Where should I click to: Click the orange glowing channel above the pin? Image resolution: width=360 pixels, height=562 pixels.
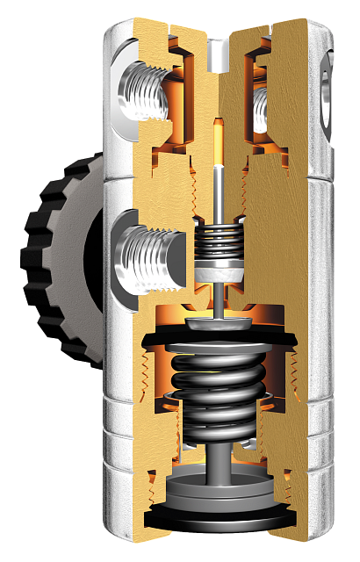216,145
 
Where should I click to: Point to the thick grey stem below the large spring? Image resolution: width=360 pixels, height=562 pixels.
216,461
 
